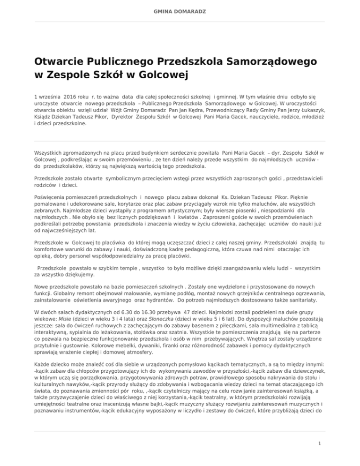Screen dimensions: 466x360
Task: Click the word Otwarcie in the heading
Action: [x=60, y=62]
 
